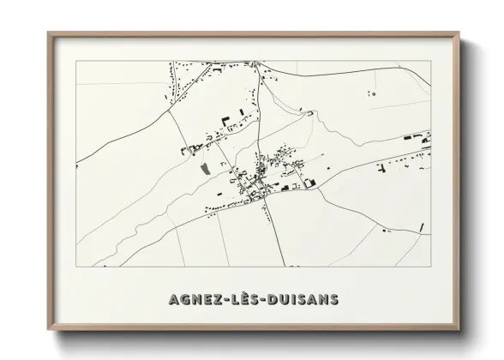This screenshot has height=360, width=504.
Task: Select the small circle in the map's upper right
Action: tap(371, 93)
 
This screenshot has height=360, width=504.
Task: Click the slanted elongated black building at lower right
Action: tap(421, 227)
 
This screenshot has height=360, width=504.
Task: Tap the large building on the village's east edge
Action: tap(309, 182)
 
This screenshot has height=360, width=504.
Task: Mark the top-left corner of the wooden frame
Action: tap(49, 33)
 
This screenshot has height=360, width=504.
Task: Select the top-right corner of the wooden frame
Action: tap(459, 33)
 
